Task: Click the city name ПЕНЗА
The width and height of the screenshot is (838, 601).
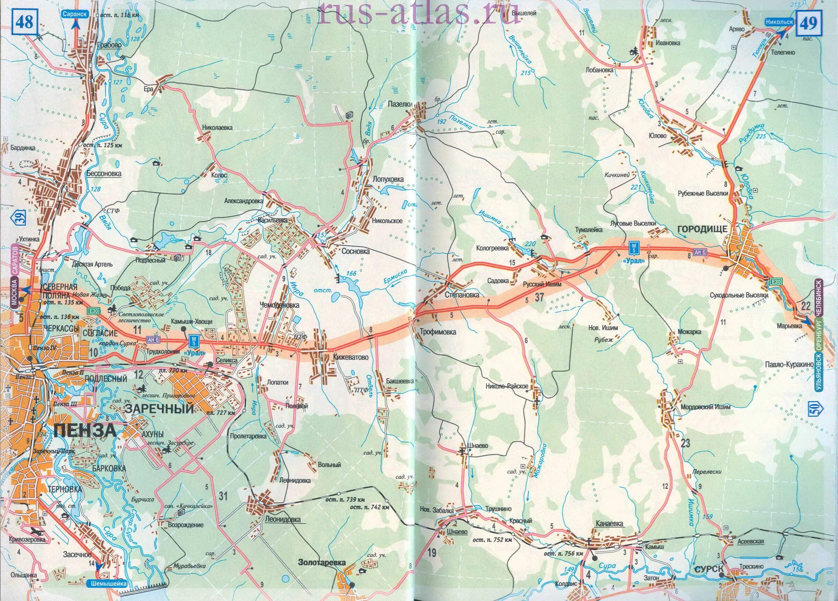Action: (x=84, y=430)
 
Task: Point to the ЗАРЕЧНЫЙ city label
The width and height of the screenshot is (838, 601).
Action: (x=160, y=409)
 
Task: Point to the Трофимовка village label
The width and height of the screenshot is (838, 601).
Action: (x=438, y=332)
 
